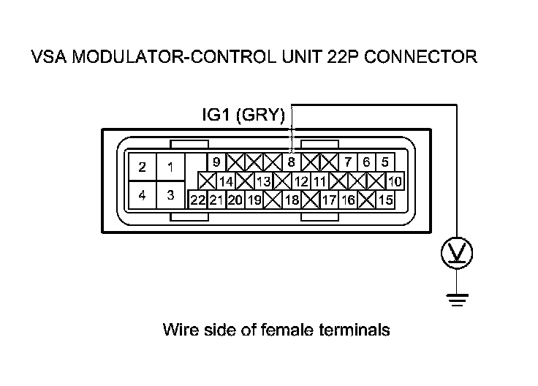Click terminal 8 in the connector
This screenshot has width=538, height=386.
click(x=291, y=162)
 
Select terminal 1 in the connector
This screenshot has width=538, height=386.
click(x=170, y=167)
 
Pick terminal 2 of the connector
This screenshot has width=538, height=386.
click(x=143, y=167)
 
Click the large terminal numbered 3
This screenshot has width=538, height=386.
click(x=170, y=195)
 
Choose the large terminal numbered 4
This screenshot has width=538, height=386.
click(x=143, y=195)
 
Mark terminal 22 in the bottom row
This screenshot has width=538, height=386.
click(x=197, y=199)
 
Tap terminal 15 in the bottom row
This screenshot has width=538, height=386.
click(x=386, y=199)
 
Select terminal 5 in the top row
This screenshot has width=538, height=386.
click(x=384, y=162)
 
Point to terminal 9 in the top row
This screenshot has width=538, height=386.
click(x=216, y=162)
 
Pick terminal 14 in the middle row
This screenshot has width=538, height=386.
click(x=226, y=181)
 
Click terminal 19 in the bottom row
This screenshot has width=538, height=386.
click(x=254, y=199)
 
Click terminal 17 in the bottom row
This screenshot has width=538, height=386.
click(x=329, y=199)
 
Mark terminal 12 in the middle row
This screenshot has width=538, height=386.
click(x=301, y=181)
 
